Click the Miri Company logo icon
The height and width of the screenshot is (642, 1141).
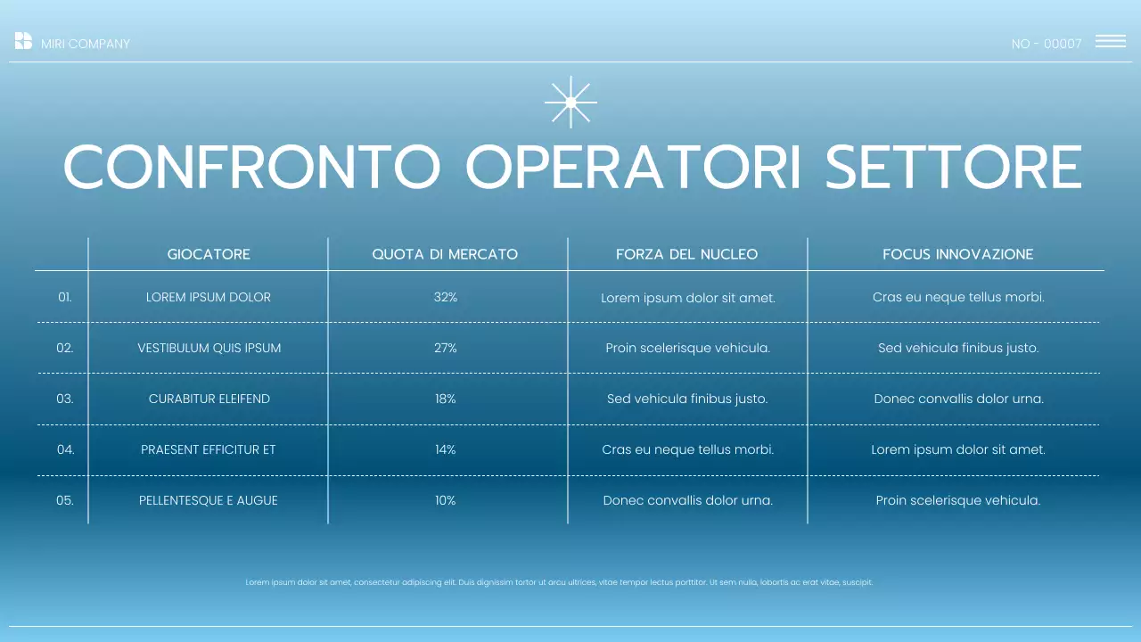23,41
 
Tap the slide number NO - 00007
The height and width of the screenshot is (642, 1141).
1047,44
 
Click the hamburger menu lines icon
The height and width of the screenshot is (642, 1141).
1110,41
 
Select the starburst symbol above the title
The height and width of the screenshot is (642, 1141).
570,102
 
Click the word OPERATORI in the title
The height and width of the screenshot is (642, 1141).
634,167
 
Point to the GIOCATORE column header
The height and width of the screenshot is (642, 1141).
209,254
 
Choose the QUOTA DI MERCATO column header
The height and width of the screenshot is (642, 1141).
445,254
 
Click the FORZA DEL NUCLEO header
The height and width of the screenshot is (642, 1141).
686,254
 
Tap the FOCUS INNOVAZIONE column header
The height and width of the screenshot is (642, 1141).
957,254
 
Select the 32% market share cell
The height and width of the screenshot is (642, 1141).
446,297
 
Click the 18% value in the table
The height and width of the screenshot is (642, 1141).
446,399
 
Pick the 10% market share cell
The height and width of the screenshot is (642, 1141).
446,500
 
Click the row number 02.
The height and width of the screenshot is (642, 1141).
65,348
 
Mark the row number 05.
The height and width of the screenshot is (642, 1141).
65,500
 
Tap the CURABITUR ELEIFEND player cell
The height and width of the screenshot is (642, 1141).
209,399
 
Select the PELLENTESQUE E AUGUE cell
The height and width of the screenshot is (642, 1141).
209,500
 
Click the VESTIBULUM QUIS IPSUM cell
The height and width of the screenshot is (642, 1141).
209,348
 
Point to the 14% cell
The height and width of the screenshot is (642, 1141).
446,449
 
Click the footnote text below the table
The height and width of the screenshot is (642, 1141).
559,582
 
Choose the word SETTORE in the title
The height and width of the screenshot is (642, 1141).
953,167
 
